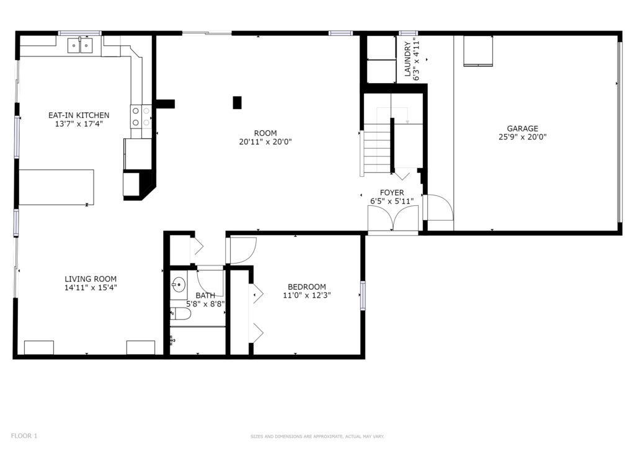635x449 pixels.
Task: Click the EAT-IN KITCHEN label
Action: tap(79, 115)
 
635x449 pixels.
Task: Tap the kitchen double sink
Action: tap(80, 45)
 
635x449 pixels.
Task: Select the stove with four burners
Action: tap(141, 117)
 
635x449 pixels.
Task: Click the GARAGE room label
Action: tap(522, 129)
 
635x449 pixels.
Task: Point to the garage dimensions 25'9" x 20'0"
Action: tap(522, 137)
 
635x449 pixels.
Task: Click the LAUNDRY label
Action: tap(408, 59)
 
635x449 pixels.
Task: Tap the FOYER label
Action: tap(392, 193)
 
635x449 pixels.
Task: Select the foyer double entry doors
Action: tap(393, 218)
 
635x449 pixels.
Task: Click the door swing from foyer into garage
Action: tap(438, 208)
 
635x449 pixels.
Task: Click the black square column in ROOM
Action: tap(237, 103)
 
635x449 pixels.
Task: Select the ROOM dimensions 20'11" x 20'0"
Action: tap(265, 142)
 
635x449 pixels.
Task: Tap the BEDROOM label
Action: tap(307, 287)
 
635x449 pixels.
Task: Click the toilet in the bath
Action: tap(180, 313)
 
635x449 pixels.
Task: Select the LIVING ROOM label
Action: tap(91, 279)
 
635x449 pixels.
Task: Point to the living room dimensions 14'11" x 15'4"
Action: tap(91, 288)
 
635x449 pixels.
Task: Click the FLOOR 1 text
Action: tap(24, 436)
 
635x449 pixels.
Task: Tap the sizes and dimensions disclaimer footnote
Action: tap(317, 437)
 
